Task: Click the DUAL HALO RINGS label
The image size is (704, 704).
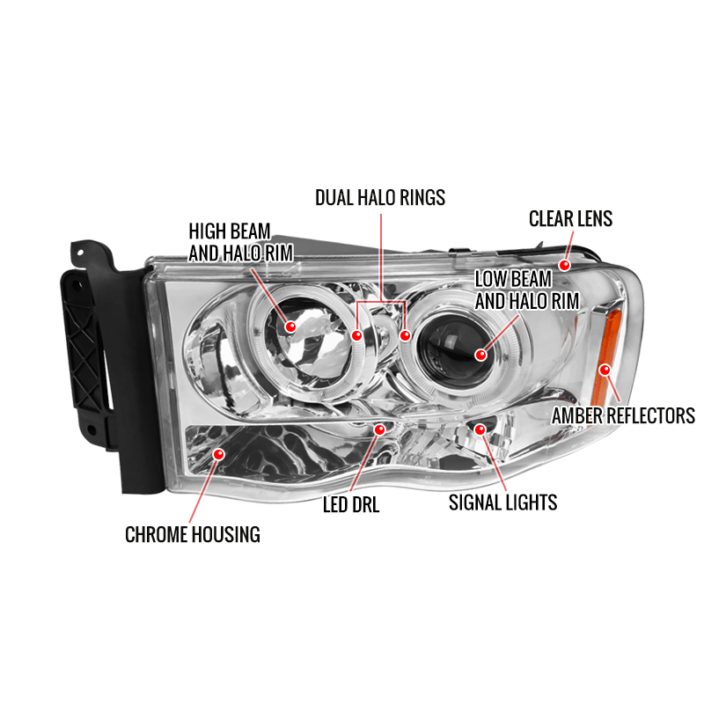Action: pyautogui.click(x=380, y=197)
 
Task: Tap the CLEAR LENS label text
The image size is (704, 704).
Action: pyautogui.click(x=570, y=218)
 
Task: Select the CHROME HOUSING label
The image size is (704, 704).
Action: pyautogui.click(x=193, y=534)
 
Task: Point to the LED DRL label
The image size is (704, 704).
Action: pyautogui.click(x=351, y=504)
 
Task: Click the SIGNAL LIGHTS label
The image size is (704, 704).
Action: pyautogui.click(x=502, y=502)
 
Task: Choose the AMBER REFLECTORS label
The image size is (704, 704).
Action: pyautogui.click(x=623, y=415)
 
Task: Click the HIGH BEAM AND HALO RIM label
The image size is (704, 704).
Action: pyautogui.click(x=240, y=243)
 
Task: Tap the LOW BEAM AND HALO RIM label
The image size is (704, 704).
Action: pyautogui.click(x=527, y=290)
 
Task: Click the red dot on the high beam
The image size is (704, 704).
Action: pyautogui.click(x=290, y=326)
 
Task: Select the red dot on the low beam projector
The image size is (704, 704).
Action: pyautogui.click(x=480, y=355)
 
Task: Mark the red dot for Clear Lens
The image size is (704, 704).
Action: pyautogui.click(x=564, y=265)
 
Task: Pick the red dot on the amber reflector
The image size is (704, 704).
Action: pyautogui.click(x=605, y=370)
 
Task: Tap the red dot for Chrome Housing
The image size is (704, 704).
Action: pyautogui.click(x=218, y=454)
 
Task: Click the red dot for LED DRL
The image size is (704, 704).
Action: pyautogui.click(x=380, y=429)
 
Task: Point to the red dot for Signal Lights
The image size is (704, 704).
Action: pyautogui.click(x=480, y=429)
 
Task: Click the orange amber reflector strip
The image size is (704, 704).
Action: pyautogui.click(x=608, y=355)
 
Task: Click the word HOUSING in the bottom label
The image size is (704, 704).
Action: pyautogui.click(x=227, y=534)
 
